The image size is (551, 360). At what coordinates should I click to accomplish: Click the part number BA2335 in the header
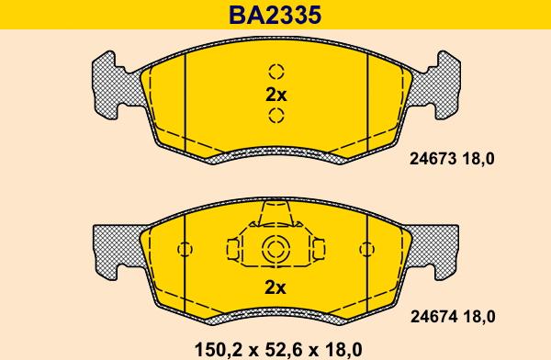pyautogui.click(x=275, y=16)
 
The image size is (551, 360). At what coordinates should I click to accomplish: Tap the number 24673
pyautogui.click(x=429, y=159)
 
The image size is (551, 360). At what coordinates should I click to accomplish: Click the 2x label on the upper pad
pyautogui.click(x=275, y=94)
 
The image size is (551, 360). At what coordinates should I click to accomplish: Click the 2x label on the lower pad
pyautogui.click(x=275, y=287)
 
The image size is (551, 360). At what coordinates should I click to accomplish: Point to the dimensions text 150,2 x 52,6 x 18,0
pyautogui.click(x=275, y=348)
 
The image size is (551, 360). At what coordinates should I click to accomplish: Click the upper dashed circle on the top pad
pyautogui.click(x=275, y=72)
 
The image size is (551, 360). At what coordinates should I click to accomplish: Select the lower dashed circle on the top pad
pyautogui.click(x=275, y=115)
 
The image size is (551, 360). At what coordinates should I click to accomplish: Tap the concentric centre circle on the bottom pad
pyautogui.click(x=275, y=248)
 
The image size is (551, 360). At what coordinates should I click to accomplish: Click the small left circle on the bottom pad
pyautogui.click(x=185, y=248)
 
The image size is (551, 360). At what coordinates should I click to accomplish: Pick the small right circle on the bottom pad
pyautogui.click(x=366, y=248)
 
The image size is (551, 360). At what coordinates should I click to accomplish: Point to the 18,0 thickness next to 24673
pyautogui.click(x=478, y=159)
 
